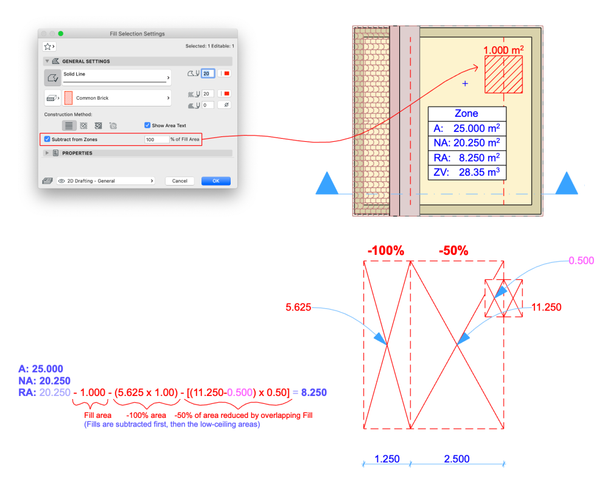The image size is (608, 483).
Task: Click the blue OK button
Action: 216,181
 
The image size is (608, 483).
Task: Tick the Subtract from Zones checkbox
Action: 47,139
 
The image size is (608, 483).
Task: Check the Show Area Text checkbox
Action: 147,125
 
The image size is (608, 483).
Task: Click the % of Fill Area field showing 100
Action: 156,139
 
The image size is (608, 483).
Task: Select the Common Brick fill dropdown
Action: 116,98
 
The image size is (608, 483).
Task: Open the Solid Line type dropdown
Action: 116,77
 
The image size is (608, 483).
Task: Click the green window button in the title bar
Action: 61,33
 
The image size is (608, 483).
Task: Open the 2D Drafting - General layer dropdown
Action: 105,181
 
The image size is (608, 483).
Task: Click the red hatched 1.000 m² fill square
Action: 504,74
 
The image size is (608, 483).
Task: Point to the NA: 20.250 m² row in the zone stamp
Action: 467,143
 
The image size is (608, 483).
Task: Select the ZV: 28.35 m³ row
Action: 467,173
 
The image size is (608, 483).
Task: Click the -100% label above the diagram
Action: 386,251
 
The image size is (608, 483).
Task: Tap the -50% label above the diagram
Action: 453,251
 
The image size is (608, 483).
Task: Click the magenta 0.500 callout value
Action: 581,260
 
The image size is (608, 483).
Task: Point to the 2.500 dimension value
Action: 457,459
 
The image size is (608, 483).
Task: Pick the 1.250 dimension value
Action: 387,459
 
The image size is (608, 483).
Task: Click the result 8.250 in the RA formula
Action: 314,393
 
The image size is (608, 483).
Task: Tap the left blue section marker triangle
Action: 327,183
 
